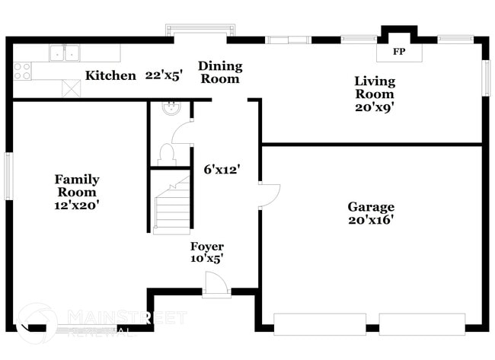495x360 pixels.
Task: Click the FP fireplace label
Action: coord(398,53)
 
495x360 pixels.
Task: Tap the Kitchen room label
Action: coord(110,75)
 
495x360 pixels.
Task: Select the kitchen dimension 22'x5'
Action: coord(164,75)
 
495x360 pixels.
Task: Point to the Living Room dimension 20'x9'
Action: coord(374,107)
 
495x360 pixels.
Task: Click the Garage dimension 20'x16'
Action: coord(371,221)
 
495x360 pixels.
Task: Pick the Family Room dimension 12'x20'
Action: coord(76,205)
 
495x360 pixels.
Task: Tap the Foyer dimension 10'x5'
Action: coord(206,259)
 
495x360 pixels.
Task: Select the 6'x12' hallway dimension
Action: coord(222,170)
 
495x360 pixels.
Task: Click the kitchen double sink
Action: coord(65,53)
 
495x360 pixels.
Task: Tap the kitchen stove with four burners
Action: coord(22,72)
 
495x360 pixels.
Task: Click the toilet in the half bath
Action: coord(166,154)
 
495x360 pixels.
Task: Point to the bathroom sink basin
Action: coord(171,108)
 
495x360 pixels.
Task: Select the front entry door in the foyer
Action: coord(216,285)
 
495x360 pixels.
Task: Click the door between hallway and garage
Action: coord(269,196)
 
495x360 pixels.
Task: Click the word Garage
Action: coord(371,207)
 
